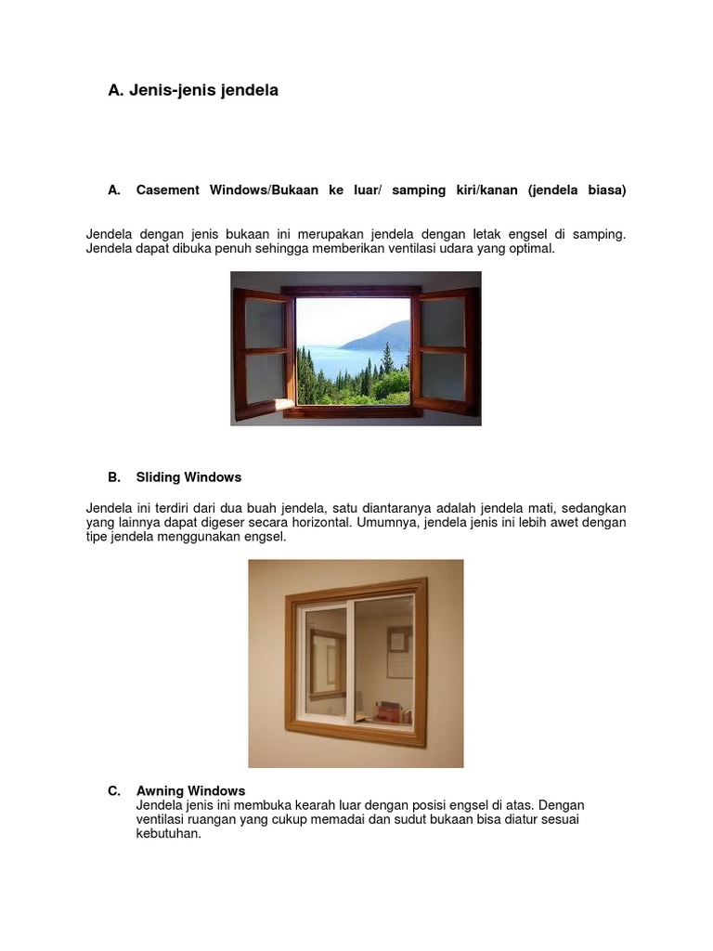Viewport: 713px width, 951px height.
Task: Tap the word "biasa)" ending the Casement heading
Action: point(607,190)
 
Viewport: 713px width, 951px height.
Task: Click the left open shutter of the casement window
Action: point(262,352)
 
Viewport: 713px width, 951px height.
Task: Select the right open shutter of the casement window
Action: point(446,351)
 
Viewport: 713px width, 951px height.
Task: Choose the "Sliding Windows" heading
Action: point(188,477)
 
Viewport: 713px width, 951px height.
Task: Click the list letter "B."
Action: point(114,477)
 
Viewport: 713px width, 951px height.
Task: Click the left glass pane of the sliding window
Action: point(325,660)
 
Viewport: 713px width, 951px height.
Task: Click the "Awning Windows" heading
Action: point(190,791)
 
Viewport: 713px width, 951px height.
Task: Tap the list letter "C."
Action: point(114,791)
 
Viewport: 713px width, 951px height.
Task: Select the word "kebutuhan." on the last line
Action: point(169,833)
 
